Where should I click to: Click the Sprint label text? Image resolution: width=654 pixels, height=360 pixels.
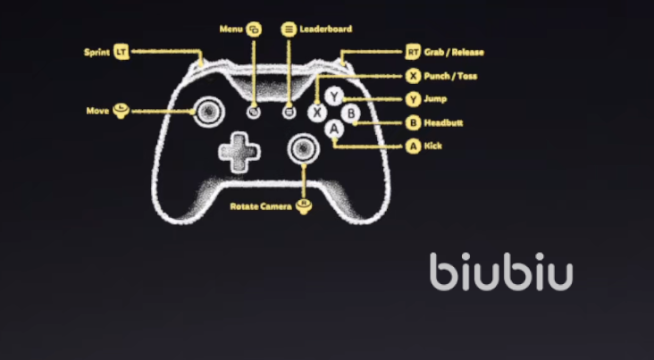pyautogui.click(x=96, y=53)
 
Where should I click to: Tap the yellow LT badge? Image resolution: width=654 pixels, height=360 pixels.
pyautogui.click(x=122, y=53)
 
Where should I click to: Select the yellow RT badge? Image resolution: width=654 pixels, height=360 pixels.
pyautogui.click(x=413, y=53)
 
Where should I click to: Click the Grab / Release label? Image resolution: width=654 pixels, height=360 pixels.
pyautogui.click(x=455, y=53)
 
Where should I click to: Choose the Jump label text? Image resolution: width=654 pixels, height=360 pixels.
pyautogui.click(x=437, y=99)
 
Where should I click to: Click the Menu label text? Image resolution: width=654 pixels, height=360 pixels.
pyautogui.click(x=231, y=29)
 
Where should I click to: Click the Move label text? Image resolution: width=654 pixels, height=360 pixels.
pyautogui.click(x=97, y=111)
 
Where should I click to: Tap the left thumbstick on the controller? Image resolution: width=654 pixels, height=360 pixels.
pyautogui.click(x=206, y=111)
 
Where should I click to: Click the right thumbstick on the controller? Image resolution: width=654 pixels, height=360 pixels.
pyautogui.click(x=305, y=147)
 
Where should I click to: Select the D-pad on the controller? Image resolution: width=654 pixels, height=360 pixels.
pyautogui.click(x=239, y=153)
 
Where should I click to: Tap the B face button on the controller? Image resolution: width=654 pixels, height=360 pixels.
pyautogui.click(x=351, y=113)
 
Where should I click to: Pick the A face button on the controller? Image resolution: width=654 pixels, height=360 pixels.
pyautogui.click(x=335, y=130)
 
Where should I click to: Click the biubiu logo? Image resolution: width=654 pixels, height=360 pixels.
pyautogui.click(x=500, y=272)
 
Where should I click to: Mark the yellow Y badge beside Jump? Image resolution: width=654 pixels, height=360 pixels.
pyautogui.click(x=413, y=99)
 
